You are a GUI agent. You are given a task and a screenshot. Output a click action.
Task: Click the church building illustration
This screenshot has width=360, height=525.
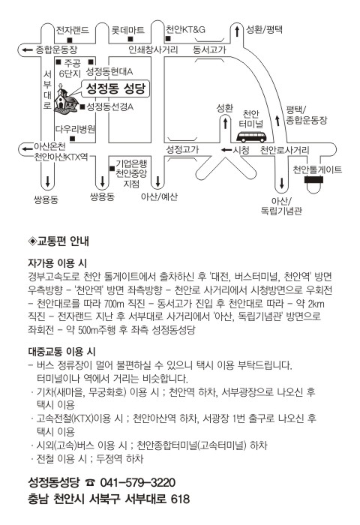[66, 99]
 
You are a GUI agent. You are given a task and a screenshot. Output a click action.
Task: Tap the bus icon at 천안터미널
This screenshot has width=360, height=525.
[251, 137]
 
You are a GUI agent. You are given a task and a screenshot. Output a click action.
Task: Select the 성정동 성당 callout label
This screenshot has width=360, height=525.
[115, 88]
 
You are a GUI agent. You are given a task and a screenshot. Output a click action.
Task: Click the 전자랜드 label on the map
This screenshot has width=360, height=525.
[73, 30]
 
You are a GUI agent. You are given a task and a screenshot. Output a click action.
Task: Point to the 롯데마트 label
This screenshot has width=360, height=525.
[127, 31]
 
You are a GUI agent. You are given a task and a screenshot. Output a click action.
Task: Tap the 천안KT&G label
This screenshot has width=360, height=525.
[185, 30]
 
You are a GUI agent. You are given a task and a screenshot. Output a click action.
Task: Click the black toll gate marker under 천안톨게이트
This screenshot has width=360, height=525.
[313, 180]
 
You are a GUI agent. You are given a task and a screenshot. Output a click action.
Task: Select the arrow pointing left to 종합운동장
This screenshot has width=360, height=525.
[27, 50]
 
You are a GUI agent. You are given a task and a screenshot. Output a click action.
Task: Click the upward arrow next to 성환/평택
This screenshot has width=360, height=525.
[237, 31]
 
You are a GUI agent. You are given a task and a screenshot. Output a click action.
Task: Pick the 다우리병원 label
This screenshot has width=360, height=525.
[75, 129]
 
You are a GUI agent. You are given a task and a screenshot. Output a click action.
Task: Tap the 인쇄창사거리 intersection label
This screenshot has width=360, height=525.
[153, 50]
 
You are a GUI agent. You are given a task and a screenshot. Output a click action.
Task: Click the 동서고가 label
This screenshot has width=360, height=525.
[209, 50]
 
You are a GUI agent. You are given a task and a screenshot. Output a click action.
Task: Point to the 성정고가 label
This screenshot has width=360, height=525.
[182, 149]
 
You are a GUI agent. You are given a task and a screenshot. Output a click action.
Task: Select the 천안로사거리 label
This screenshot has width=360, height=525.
[285, 150]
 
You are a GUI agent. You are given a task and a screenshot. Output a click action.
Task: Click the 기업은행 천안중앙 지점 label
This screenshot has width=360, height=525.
[131, 173]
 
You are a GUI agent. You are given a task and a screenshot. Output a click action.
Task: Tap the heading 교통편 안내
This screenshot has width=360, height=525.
[59, 241]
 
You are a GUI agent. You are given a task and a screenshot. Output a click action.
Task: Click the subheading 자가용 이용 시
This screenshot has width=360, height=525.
[57, 262]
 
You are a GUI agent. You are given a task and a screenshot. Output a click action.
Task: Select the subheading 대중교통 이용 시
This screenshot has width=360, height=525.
[61, 352]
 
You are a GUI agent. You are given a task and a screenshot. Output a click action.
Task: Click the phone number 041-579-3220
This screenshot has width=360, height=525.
[138, 482]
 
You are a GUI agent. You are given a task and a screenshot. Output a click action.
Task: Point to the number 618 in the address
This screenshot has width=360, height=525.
[180, 499]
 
